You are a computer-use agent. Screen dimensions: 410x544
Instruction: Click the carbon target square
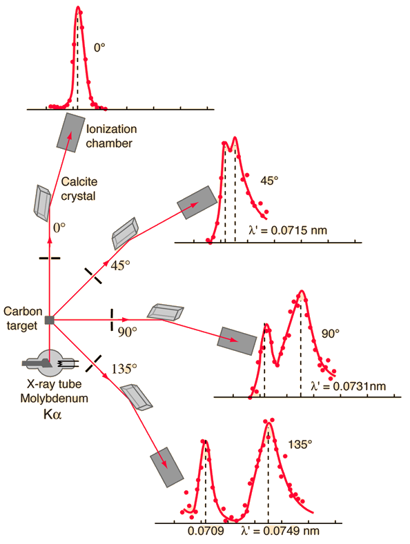point(49,320)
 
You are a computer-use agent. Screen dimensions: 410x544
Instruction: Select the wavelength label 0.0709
point(206,531)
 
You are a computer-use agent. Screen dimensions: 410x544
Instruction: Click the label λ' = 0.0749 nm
point(280,531)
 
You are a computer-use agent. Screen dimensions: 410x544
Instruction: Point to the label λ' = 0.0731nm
point(349,386)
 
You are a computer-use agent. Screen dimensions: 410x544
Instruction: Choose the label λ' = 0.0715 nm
point(288,230)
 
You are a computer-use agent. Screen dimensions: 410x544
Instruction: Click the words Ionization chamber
point(111,136)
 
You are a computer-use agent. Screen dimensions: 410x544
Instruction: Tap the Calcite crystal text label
point(79,189)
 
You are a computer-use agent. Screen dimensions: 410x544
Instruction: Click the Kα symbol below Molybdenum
point(52,414)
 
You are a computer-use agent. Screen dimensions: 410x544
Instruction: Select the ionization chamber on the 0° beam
point(70,132)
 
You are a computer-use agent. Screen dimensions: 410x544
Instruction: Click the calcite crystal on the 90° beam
point(166,312)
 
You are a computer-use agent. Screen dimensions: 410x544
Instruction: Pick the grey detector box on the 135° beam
point(167,467)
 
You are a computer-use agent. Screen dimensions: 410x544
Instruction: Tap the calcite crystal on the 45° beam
point(125,233)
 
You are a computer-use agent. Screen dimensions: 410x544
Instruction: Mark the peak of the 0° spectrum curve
point(78,7)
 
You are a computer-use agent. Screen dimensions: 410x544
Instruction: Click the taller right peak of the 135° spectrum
point(269,422)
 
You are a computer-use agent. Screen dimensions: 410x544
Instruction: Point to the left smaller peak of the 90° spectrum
point(266,325)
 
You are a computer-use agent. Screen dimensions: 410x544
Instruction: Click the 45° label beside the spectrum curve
point(269,181)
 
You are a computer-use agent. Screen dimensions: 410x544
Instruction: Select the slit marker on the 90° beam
point(112,319)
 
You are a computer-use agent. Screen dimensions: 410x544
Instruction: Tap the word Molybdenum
point(55,399)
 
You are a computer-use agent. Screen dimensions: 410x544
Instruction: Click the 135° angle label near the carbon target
point(124,368)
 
